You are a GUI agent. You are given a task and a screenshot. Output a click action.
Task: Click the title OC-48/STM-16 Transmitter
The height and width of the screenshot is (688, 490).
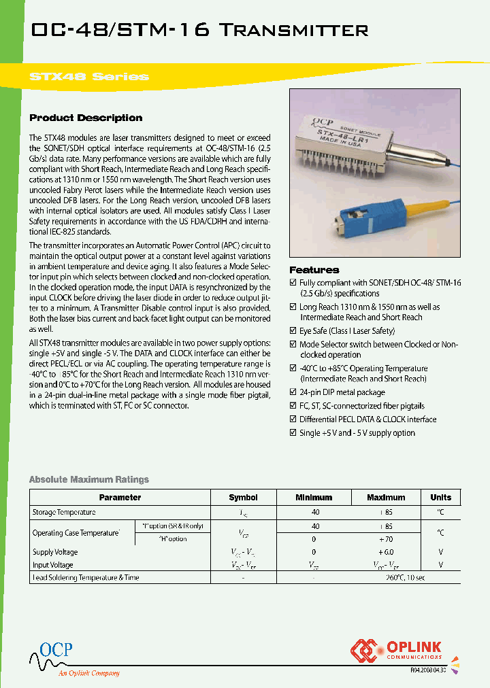pos(191,30)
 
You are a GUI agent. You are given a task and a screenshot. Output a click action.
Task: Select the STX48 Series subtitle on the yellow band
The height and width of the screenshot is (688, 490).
pos(89,76)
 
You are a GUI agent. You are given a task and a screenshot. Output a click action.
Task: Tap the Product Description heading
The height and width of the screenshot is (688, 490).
pos(86,118)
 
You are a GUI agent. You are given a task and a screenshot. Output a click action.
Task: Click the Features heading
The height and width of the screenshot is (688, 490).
pos(314,270)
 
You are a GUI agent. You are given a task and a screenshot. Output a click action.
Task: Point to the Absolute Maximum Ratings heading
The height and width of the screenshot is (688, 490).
pos(88,479)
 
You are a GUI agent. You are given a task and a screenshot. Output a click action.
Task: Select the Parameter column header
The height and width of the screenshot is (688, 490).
pos(120,497)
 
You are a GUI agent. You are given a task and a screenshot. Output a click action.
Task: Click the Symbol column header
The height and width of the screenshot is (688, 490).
pos(243,497)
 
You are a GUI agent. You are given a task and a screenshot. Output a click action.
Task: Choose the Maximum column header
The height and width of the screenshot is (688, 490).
pos(386,497)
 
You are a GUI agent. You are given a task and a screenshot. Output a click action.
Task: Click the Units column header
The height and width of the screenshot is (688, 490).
pos(440,497)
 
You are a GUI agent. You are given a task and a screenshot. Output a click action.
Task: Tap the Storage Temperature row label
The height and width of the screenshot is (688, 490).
pos(64,512)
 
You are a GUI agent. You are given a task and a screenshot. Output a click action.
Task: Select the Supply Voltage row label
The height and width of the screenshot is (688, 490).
pos(55,552)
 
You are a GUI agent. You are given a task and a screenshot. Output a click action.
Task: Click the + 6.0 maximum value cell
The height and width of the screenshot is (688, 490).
pos(386,552)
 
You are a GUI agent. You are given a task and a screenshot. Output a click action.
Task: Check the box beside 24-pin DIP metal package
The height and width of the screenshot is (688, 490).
pos(293,392)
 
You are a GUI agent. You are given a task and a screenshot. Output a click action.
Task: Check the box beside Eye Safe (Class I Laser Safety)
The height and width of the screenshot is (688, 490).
pos(293,331)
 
